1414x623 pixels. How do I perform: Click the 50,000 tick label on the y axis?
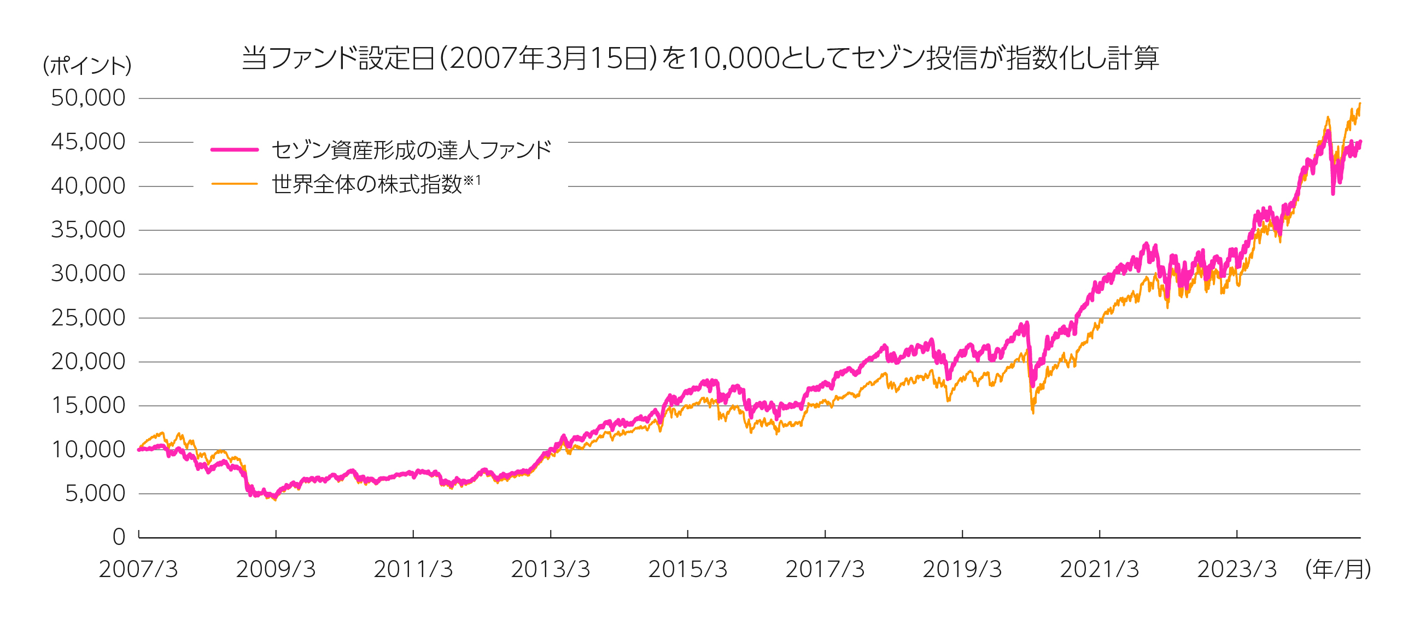(88, 98)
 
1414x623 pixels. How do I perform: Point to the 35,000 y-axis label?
(88, 230)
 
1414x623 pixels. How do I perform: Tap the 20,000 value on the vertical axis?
(88, 362)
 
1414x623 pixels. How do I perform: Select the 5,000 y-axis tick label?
(95, 493)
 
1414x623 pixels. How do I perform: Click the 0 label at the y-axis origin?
(119, 537)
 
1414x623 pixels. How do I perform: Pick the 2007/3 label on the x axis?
(138, 570)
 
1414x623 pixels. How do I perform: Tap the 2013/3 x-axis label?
(551, 570)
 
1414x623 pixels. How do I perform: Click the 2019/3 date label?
(962, 570)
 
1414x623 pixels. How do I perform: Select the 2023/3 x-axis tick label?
(1237, 570)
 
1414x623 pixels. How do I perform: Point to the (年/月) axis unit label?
(1337, 570)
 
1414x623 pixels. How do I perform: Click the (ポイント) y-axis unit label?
(87, 66)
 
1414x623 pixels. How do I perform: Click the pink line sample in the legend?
(235, 149)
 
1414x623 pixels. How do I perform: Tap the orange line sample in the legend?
(235, 184)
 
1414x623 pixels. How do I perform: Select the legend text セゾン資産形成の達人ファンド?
(411, 150)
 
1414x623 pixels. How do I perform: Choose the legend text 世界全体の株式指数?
(367, 184)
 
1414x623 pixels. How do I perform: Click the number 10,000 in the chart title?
(733, 58)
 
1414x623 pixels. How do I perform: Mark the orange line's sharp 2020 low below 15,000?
(1033, 412)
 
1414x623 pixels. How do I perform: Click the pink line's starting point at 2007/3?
(139, 450)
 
